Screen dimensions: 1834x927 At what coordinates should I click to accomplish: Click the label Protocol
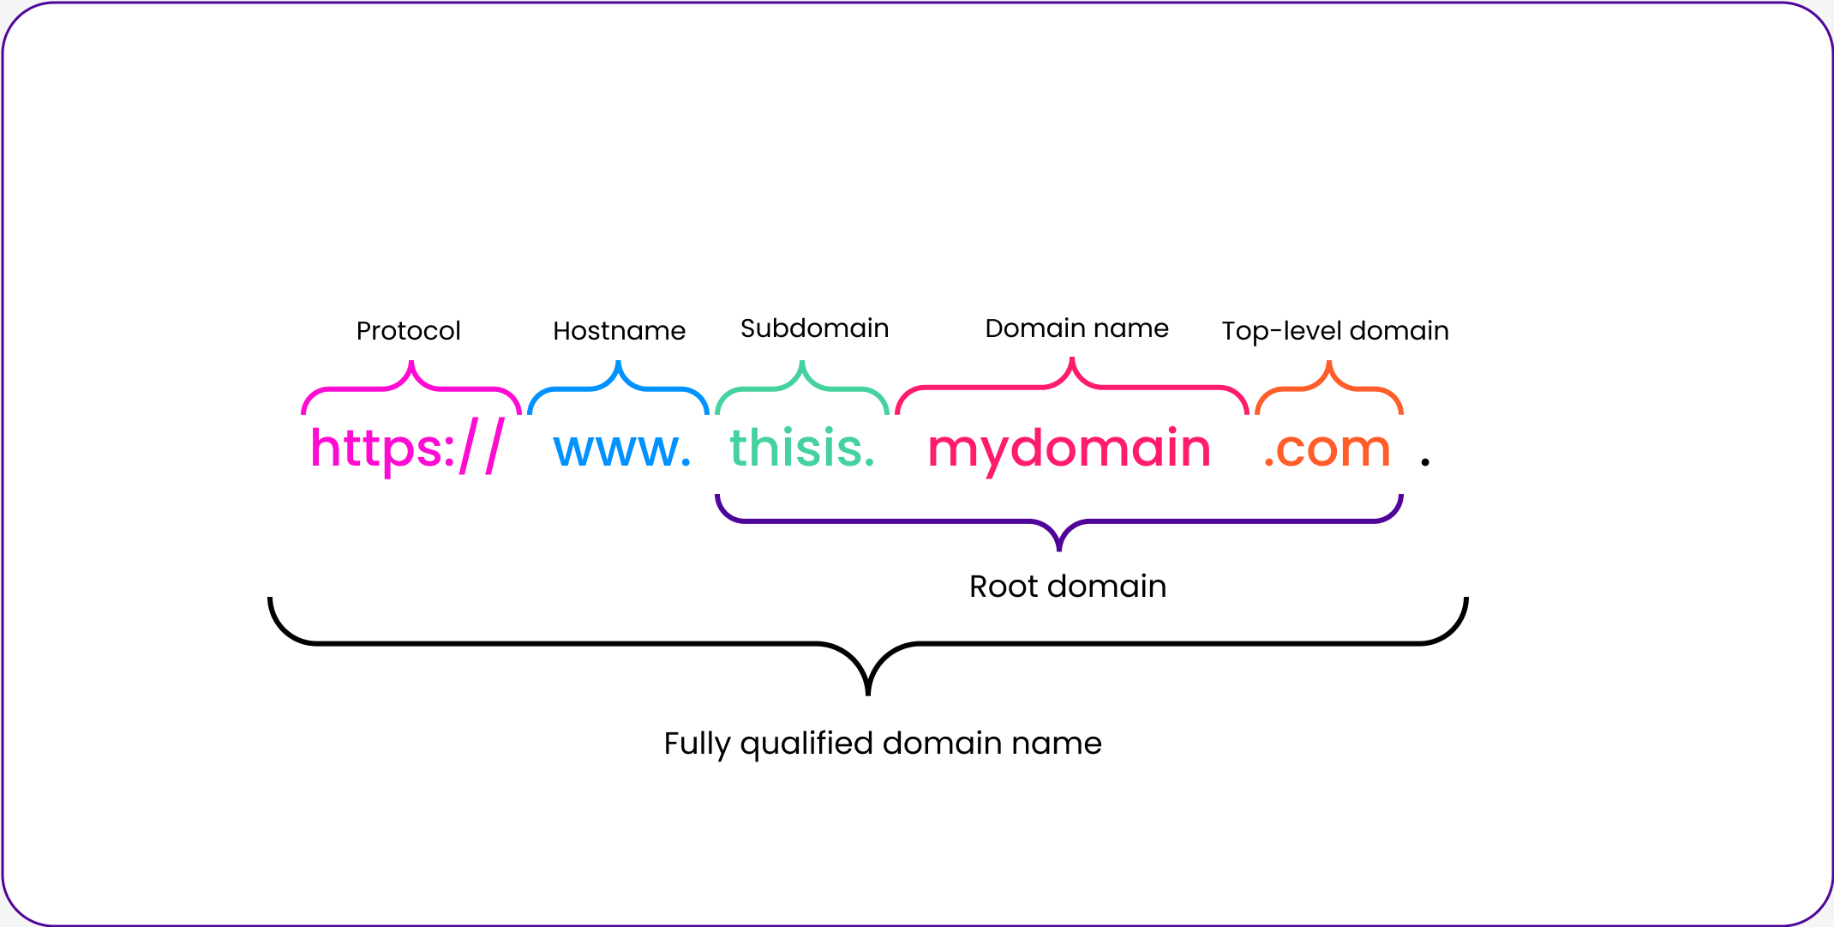coord(408,331)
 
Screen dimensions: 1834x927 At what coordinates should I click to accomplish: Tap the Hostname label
coord(619,331)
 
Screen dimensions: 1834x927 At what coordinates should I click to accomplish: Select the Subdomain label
coord(814,328)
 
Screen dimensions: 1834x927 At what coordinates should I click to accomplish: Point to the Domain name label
coord(1076,328)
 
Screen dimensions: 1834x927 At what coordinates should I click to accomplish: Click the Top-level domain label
coord(1335,331)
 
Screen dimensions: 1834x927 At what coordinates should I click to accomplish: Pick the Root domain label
coord(1068,587)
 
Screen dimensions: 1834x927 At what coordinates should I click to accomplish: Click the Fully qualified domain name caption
coord(883,743)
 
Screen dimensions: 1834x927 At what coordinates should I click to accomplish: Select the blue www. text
coord(622,450)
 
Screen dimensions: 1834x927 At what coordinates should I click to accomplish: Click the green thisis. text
coord(802,447)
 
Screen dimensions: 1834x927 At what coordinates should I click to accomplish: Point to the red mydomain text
coord(1070,450)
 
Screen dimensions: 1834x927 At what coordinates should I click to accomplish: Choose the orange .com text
coord(1328,450)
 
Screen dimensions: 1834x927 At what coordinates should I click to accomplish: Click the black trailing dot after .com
coord(1425,462)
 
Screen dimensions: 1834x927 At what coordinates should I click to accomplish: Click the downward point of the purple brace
coord(1059,550)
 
